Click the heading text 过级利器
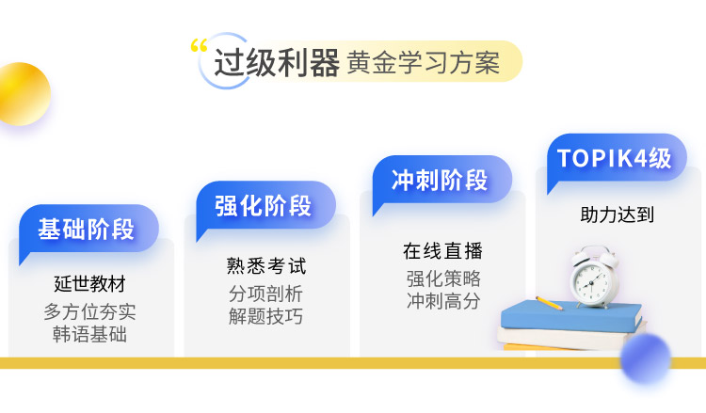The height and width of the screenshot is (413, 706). click(x=277, y=62)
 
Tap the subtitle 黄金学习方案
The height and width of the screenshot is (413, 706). click(x=424, y=62)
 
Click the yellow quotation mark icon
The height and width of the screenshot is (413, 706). click(x=199, y=45)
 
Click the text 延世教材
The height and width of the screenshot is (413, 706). click(x=89, y=284)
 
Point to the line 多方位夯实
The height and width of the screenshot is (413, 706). click(x=89, y=311)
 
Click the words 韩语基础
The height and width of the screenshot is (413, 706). click(x=89, y=334)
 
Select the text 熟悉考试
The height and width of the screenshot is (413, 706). click(x=266, y=266)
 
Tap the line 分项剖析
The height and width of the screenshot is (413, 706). click(x=265, y=294)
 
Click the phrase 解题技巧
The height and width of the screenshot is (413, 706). click(x=265, y=316)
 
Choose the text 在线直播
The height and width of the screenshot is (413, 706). click(x=442, y=251)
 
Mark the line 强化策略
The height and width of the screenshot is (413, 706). click(x=443, y=278)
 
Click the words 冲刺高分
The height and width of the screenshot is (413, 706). click(x=443, y=301)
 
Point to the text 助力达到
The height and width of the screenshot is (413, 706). click(x=617, y=214)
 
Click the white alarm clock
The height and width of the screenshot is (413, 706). click(x=593, y=277)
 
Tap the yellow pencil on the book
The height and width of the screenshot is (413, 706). click(x=549, y=303)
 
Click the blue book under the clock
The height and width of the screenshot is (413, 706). click(x=571, y=316)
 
